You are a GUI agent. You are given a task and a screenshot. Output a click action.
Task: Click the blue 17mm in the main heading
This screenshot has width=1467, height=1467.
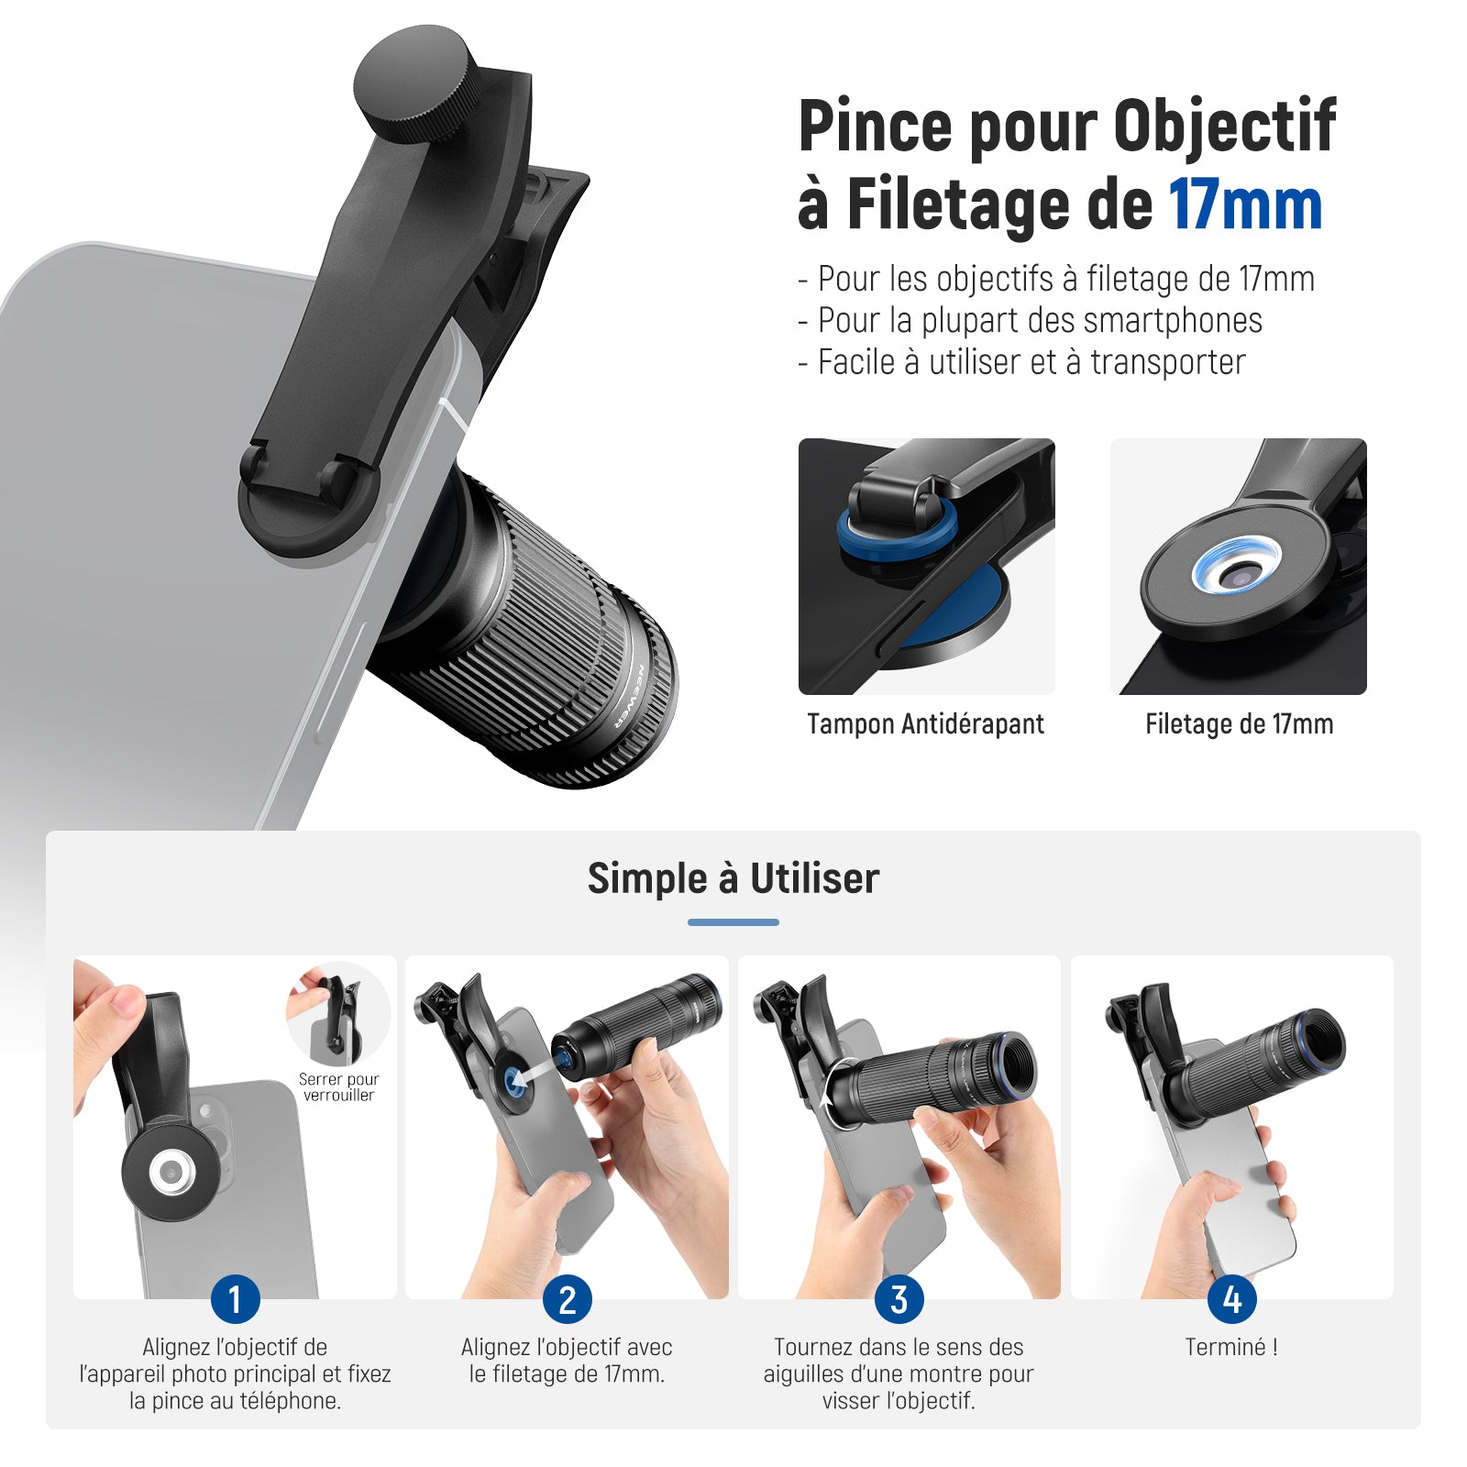tap(1245, 204)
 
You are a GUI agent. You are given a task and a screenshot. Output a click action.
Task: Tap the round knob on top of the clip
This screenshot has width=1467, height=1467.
tap(415, 83)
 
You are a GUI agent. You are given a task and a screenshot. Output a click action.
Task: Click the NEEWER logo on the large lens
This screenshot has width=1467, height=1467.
tap(631, 695)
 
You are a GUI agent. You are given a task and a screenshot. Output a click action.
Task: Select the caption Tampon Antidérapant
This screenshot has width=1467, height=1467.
tap(925, 724)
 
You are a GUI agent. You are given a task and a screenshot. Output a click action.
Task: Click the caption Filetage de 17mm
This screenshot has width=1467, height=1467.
tap(1239, 724)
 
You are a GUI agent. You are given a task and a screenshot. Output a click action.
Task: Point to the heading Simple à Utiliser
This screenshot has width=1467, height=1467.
tap(733, 878)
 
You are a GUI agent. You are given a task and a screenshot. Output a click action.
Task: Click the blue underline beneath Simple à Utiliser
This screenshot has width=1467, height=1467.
tap(733, 922)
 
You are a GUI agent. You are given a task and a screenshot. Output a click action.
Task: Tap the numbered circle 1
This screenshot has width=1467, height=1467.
tap(235, 1299)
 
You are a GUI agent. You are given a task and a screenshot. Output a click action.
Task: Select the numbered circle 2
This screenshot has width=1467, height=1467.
tap(567, 1299)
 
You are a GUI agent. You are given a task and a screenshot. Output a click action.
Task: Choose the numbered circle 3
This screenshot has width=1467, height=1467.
tap(899, 1299)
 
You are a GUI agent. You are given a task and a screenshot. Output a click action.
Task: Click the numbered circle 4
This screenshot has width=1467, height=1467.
tap(1231, 1299)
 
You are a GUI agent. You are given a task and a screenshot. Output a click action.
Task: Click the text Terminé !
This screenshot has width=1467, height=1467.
tap(1231, 1347)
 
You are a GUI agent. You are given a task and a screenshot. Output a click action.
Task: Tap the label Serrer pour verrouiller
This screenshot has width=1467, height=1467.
tap(338, 1087)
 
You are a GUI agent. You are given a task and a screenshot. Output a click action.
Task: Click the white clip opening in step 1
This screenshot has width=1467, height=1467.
tap(171, 1172)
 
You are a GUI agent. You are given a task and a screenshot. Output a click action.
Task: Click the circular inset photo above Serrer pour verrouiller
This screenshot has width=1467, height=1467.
tap(338, 1014)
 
